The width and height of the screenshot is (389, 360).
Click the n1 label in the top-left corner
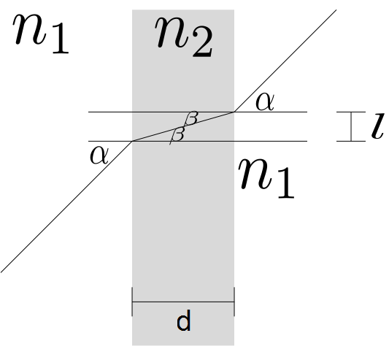[x=41, y=34]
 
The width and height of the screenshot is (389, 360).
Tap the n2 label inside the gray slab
[x=184, y=37]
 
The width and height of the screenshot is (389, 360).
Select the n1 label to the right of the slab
[x=266, y=178]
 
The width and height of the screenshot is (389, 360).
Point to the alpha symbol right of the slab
[x=265, y=102]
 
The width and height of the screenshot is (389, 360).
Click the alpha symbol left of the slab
[x=99, y=155]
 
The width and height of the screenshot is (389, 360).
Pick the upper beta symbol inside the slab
[x=191, y=118]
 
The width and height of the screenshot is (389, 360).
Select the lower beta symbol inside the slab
[x=177, y=135]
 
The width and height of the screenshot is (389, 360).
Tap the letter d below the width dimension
[x=184, y=321]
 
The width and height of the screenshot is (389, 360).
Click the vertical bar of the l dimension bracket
[x=351, y=126]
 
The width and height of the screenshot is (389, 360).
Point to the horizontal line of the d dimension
[x=183, y=302]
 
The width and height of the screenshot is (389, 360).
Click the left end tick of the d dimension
[x=132, y=302]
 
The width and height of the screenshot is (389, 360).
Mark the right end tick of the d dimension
[x=234, y=302]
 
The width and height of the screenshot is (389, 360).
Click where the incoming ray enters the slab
[x=132, y=141]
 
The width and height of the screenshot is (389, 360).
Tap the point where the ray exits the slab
[x=234, y=112]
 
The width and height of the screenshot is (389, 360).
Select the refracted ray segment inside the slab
[x=183, y=126]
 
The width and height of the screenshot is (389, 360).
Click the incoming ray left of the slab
[x=66, y=207]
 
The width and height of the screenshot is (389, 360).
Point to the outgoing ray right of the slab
[x=285, y=61]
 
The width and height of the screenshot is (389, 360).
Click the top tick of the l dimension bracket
[x=351, y=112]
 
